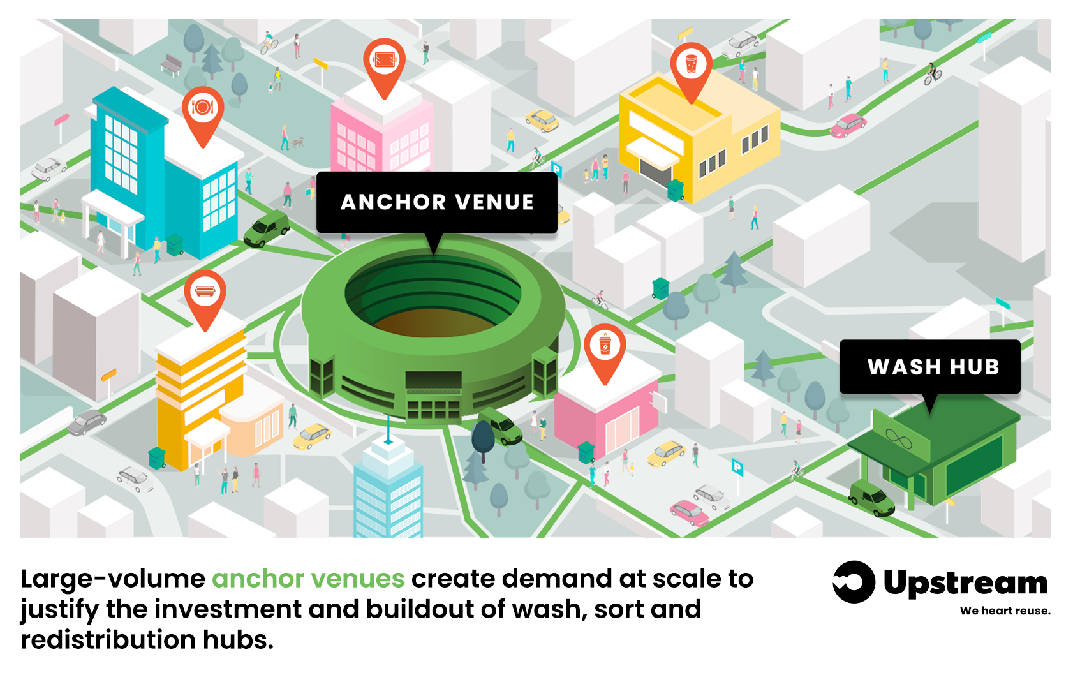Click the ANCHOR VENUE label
pyautogui.click(x=437, y=203)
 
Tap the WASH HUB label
pyautogui.click(x=930, y=367)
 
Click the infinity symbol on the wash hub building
pyautogui.click(x=899, y=438)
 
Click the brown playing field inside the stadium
pyautogui.click(x=434, y=322)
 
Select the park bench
pyautogui.click(x=170, y=65)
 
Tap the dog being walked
pyautogui.click(x=298, y=142)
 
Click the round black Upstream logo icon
pyautogui.click(x=854, y=582)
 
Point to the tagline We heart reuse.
pyautogui.click(x=1005, y=611)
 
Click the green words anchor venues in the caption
pyautogui.click(x=308, y=579)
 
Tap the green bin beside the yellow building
pyautogui.click(x=676, y=189)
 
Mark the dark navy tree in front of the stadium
pyautogui.click(x=483, y=440)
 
